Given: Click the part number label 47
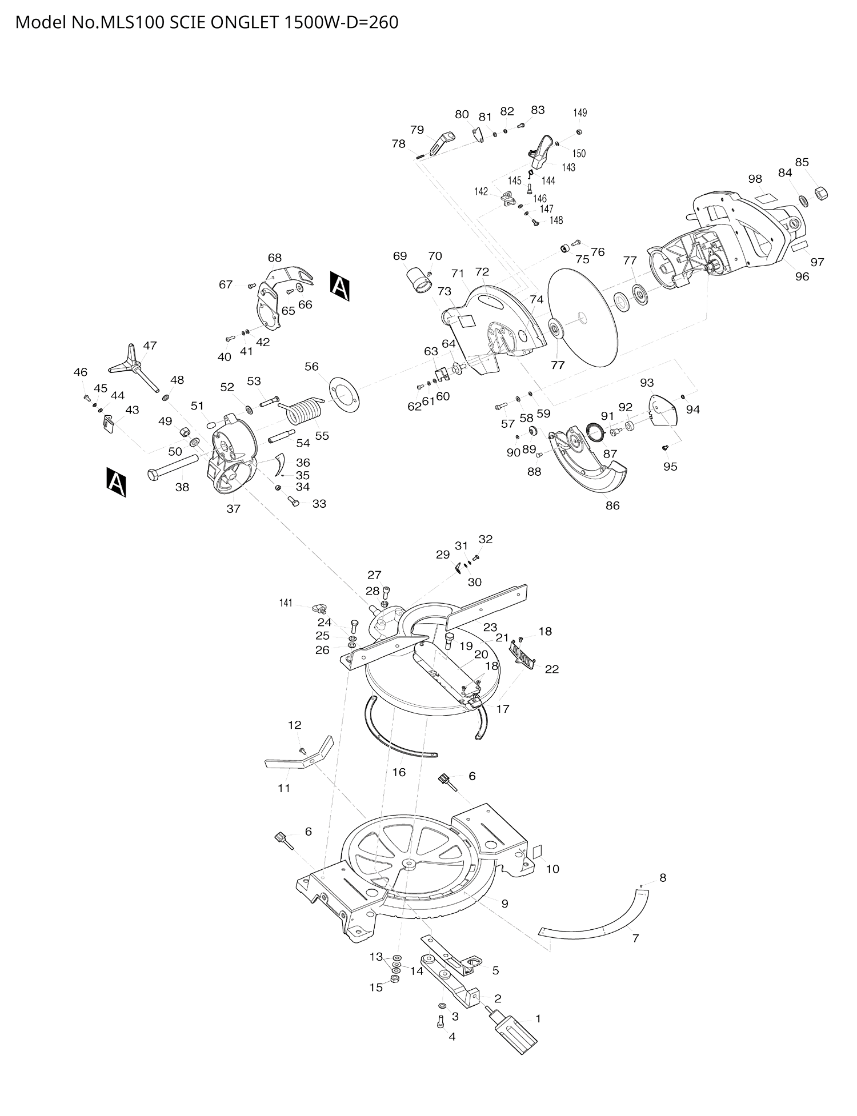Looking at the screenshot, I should click(x=150, y=346).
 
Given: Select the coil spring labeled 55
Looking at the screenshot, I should click(x=303, y=411).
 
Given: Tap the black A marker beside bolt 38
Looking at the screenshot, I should click(x=116, y=483).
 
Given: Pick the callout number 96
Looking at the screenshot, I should click(x=802, y=276).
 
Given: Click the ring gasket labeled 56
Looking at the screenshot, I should click(x=345, y=394).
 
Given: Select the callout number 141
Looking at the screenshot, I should click(x=286, y=603).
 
